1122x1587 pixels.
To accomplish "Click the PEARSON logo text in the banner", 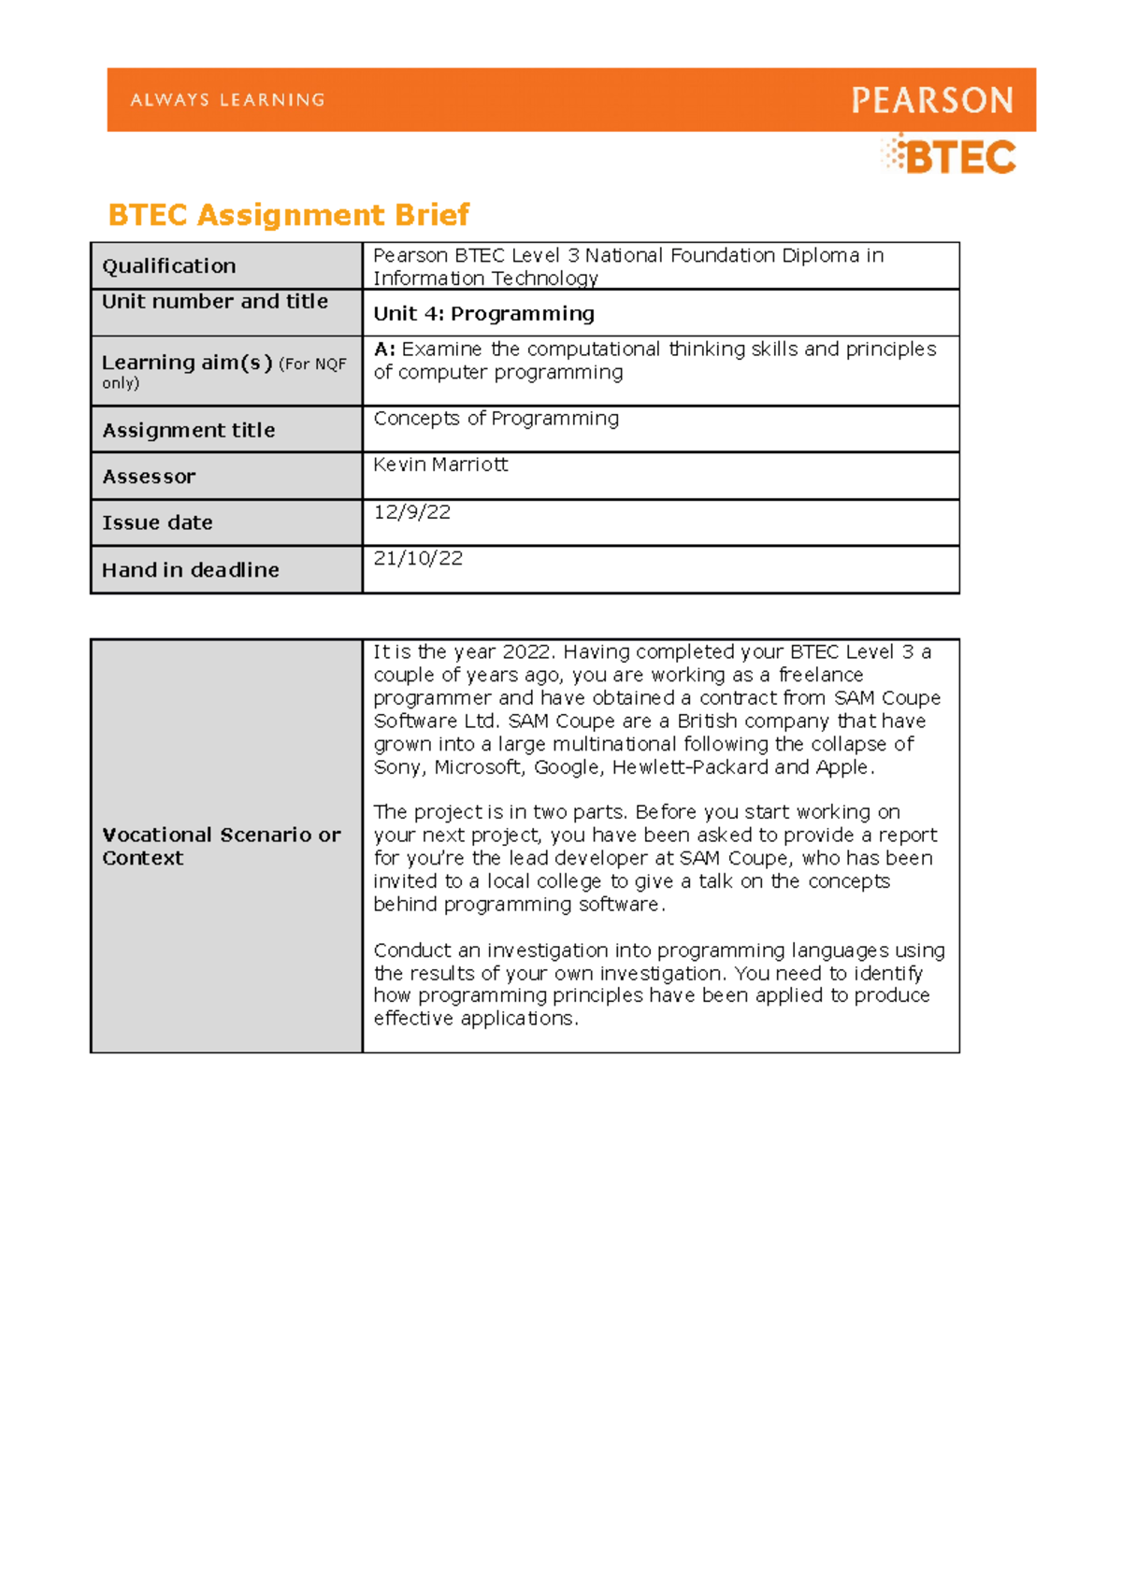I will click(x=931, y=100).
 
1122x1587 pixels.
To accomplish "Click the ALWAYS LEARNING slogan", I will click(x=227, y=100).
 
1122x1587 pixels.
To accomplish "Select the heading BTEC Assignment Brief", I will click(x=288, y=215).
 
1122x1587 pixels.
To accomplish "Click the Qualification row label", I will click(x=168, y=266).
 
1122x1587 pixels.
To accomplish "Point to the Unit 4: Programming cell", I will click(x=483, y=314).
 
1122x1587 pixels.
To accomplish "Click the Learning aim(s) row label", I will click(x=187, y=363).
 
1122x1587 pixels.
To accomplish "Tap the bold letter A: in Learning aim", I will click(x=384, y=350).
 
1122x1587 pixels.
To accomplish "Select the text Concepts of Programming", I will click(x=496, y=419).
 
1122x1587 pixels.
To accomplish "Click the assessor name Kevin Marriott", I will click(x=440, y=465).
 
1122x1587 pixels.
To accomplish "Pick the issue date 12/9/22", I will click(x=411, y=512).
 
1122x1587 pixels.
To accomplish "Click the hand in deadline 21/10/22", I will click(x=418, y=559).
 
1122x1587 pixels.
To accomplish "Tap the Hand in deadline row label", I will click(x=190, y=570).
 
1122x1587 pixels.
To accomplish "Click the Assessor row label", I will click(x=149, y=477).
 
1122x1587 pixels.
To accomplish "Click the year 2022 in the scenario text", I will click(x=527, y=652).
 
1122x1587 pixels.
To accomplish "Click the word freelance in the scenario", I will click(x=821, y=675).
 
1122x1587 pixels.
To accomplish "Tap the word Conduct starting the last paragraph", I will click(x=412, y=951).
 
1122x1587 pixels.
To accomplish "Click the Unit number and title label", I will click(x=214, y=302).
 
